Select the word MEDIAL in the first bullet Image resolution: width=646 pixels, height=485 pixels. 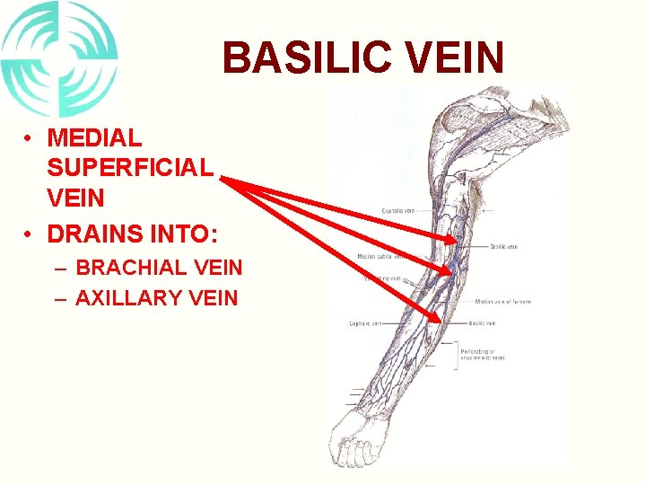click(x=94, y=138)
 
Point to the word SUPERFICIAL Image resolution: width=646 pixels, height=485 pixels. click(x=130, y=167)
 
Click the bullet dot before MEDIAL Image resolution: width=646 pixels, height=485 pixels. click(x=31, y=138)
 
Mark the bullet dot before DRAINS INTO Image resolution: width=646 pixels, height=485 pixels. click(x=31, y=234)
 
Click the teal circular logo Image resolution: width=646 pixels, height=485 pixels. click(x=59, y=59)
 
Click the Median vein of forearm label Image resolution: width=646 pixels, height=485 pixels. click(x=502, y=302)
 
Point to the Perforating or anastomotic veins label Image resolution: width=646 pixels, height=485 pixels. click(x=484, y=353)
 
